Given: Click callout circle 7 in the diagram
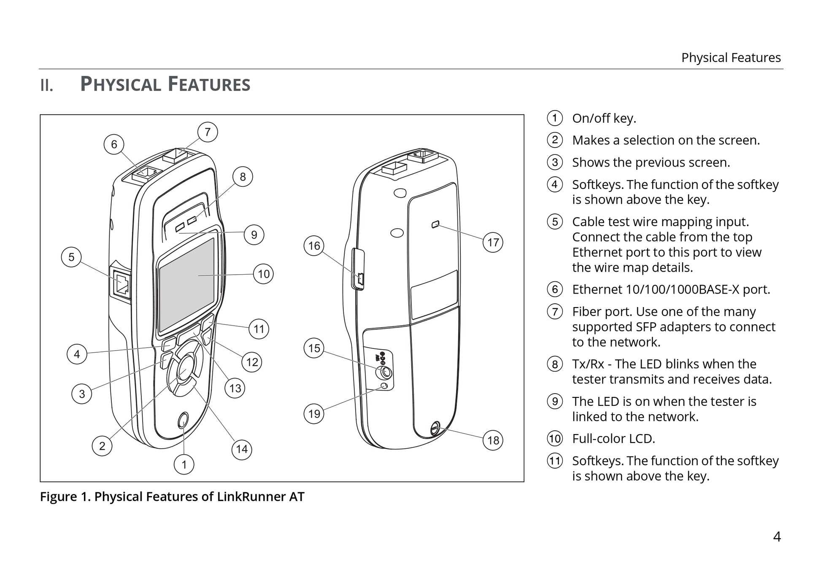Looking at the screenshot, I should click(x=208, y=132).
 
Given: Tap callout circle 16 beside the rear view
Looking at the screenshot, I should click(x=314, y=246).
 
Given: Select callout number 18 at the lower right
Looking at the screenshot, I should click(x=493, y=440).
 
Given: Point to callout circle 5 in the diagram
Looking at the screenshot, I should click(x=71, y=257).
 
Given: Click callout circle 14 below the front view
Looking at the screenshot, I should click(x=242, y=449).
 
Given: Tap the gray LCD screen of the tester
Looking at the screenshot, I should click(x=187, y=283).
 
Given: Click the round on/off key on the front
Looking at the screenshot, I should click(x=183, y=420).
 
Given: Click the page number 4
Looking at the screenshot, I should click(x=777, y=537).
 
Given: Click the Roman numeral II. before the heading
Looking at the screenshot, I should click(x=46, y=86).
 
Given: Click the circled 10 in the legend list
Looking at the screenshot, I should click(x=555, y=439).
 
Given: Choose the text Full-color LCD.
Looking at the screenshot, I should click(x=613, y=439).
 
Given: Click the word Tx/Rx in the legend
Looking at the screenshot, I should click(x=588, y=364).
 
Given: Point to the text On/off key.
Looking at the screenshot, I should click(x=604, y=119).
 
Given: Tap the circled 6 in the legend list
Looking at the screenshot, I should click(x=555, y=289).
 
